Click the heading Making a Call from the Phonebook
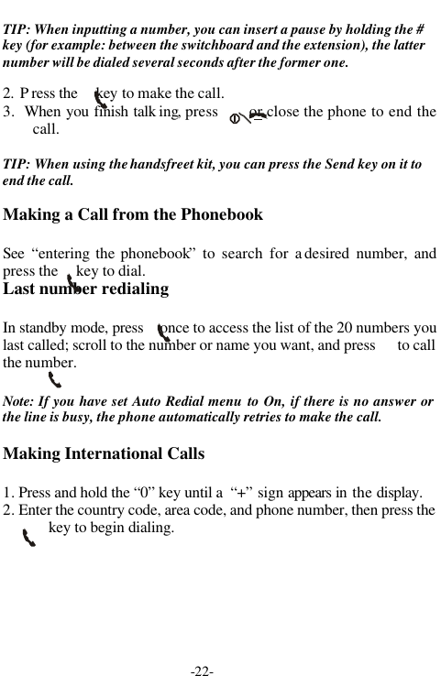[133, 214]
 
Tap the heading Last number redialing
[86, 289]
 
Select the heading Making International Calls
[104, 453]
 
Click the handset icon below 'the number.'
[55, 378]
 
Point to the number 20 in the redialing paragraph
[346, 328]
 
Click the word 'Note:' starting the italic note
[20, 402]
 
